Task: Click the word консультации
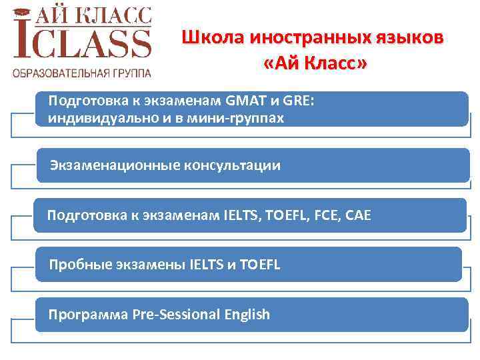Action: coord(232,165)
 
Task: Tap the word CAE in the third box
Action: coord(357,215)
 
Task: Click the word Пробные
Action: coord(76,265)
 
